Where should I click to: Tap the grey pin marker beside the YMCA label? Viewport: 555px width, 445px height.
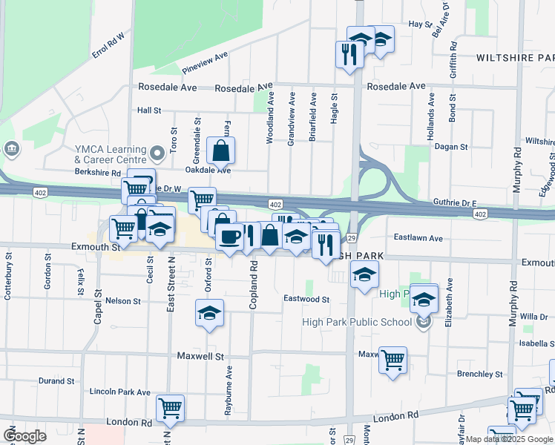pyautogui.click(x=157, y=154)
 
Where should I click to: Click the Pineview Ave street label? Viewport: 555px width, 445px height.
pyautogui.click(x=204, y=62)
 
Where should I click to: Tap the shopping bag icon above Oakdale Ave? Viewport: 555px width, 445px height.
pyautogui.click(x=221, y=151)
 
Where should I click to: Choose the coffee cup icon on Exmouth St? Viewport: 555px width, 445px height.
pyautogui.click(x=229, y=237)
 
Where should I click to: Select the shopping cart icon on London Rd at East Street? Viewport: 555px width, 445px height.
pyautogui.click(x=171, y=407)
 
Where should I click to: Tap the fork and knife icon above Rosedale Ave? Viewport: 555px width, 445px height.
pyautogui.click(x=348, y=53)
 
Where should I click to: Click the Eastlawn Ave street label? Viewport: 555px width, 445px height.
pyautogui.click(x=418, y=238)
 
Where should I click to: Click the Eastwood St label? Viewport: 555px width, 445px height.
pyautogui.click(x=306, y=299)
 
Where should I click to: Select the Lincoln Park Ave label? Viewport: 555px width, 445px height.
pyautogui.click(x=119, y=392)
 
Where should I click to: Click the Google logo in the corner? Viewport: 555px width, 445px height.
pyautogui.click(x=24, y=436)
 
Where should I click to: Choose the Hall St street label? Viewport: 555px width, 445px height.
pyautogui.click(x=149, y=111)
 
